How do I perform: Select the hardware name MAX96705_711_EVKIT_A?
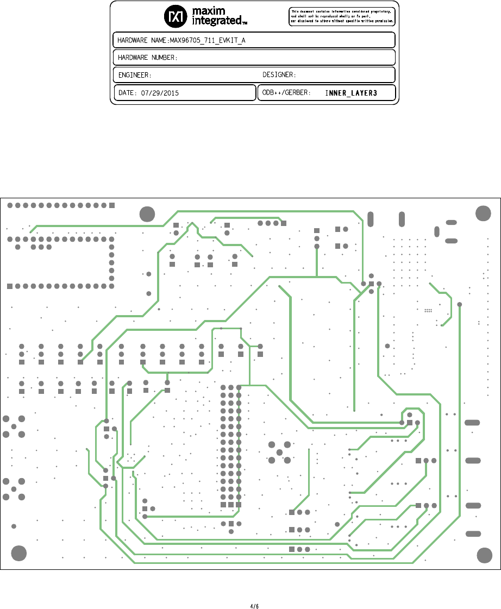(x=208, y=41)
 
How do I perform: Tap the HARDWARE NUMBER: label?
(x=148, y=58)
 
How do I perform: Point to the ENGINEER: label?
(x=135, y=75)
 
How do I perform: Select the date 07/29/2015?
(x=160, y=93)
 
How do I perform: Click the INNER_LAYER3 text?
(x=351, y=93)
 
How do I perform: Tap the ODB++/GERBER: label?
(x=286, y=93)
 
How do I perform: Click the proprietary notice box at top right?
(x=342, y=16)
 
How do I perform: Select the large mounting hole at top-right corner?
(x=483, y=214)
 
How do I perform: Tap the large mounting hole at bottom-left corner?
(x=19, y=553)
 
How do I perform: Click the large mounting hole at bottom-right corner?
(x=484, y=555)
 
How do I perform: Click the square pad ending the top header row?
(x=112, y=205)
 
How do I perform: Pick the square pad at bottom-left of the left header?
(x=10, y=286)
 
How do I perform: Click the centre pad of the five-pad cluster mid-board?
(x=279, y=453)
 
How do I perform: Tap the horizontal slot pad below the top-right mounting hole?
(x=451, y=222)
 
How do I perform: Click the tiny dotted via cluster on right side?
(x=428, y=310)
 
